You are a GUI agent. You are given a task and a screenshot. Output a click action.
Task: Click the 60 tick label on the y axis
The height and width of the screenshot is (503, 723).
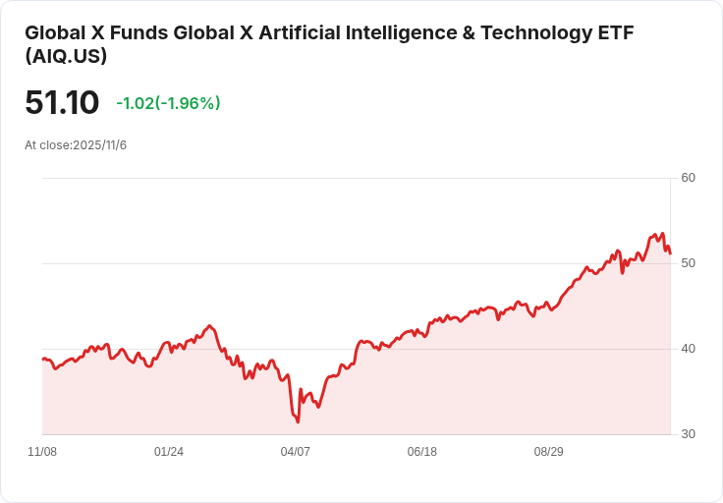[x=688, y=178]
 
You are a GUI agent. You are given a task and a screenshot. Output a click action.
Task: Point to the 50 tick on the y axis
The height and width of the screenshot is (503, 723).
[x=688, y=263]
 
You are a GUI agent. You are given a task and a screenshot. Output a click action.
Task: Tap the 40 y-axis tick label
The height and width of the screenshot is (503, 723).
[x=688, y=349]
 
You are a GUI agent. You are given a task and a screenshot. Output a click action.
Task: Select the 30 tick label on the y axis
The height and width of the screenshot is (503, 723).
[x=688, y=434]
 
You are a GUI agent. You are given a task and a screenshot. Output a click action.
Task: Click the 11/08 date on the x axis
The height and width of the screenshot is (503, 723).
[x=42, y=452]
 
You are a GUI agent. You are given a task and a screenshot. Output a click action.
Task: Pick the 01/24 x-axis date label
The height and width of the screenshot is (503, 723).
[x=169, y=452]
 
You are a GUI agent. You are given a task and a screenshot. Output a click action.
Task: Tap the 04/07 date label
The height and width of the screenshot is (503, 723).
[x=295, y=452]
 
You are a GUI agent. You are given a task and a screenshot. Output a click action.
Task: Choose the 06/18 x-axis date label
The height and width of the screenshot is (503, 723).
[x=421, y=452]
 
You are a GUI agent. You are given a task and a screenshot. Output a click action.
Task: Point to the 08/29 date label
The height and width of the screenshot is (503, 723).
[x=549, y=452]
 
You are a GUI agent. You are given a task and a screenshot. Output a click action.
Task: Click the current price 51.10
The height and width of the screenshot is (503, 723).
[x=62, y=102]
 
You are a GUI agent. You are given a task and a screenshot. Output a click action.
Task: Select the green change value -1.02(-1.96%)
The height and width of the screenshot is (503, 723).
[x=168, y=103]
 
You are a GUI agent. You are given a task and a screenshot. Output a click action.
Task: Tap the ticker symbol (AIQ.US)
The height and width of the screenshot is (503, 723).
[x=66, y=56]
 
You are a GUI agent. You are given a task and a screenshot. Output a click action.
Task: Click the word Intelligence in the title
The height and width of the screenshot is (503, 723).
[x=401, y=33]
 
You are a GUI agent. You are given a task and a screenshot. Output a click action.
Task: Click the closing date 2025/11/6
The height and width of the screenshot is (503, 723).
[x=99, y=145]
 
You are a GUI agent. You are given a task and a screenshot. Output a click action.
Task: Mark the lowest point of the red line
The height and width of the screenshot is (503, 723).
[x=298, y=421]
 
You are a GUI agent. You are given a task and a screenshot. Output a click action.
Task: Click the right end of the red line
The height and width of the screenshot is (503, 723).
[x=670, y=253]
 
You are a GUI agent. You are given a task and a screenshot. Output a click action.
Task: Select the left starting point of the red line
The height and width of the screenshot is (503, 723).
[x=43, y=359]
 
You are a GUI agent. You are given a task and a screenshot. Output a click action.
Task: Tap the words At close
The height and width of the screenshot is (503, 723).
[x=47, y=145]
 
